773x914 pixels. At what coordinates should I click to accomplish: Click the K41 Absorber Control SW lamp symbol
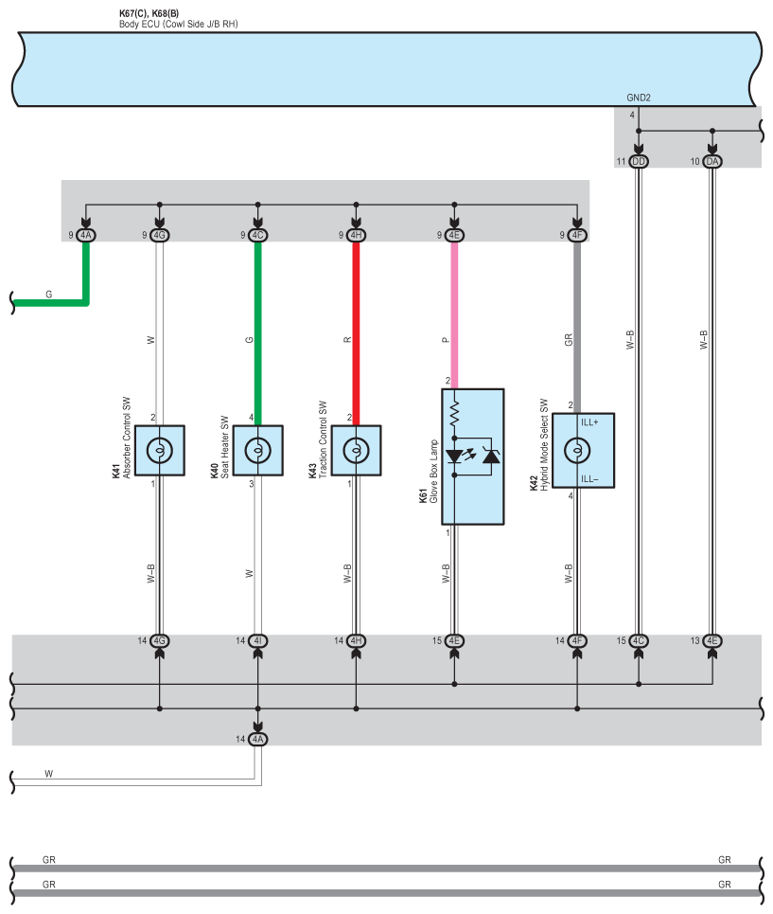pos(159,450)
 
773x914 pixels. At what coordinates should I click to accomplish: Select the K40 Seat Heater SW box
pos(257,450)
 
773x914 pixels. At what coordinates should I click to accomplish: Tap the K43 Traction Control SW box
pos(356,450)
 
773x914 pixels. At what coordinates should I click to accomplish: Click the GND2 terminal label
pos(639,98)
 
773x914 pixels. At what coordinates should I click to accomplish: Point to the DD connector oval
pos(639,162)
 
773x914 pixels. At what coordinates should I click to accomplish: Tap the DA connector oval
pos(712,162)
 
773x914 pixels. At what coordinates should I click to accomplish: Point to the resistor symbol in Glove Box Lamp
pos(454,410)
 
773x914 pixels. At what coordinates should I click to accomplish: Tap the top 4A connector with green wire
pos(86,235)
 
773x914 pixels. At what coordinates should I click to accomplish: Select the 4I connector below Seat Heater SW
pos(257,641)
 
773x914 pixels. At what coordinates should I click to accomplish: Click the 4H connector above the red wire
pos(356,235)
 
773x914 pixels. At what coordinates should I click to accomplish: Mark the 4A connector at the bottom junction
pos(257,739)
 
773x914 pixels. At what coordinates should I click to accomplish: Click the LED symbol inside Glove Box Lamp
pos(455,456)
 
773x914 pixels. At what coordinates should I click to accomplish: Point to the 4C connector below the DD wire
pos(639,641)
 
